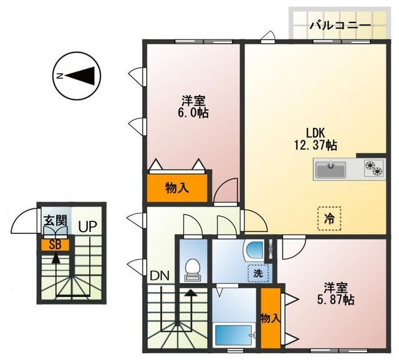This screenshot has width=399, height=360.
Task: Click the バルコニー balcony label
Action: tap(340, 26)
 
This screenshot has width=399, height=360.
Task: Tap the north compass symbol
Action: tap(77, 76)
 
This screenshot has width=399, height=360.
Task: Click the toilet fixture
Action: tap(192, 268)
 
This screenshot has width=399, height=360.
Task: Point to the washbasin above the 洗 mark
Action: tap(254, 251)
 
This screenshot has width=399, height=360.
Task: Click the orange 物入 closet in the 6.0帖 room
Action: tap(177, 187)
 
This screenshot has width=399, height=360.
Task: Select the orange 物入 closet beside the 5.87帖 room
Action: tap(270, 318)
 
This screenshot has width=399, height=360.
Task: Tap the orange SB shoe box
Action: tap(55, 244)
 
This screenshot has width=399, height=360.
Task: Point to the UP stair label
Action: tap(87, 226)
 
